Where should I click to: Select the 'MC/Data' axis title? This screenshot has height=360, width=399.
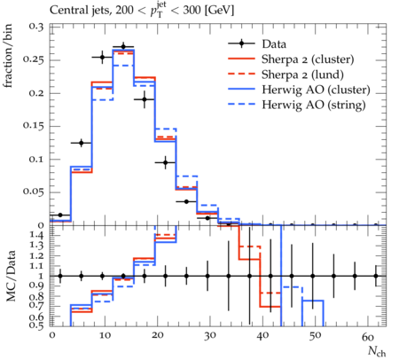pyautogui.click(x=11, y=276)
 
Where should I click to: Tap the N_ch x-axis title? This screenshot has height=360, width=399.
pyautogui.click(x=377, y=351)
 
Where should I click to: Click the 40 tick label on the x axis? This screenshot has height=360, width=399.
pyautogui.click(x=262, y=336)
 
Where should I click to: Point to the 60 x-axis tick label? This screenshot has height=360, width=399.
pyautogui.click(x=368, y=336)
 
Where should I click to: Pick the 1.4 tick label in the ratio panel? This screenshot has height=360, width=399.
pyautogui.click(x=37, y=236)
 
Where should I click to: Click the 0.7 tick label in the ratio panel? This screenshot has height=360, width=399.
pyautogui.click(x=37, y=305)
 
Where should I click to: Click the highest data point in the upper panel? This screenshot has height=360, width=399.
pyautogui.click(x=123, y=47)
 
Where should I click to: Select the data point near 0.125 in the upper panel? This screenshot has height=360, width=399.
pyautogui.click(x=82, y=143)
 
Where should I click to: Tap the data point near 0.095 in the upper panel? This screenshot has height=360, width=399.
pyautogui.click(x=166, y=162)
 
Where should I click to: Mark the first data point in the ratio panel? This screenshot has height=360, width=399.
pyautogui.click(x=60, y=276)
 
